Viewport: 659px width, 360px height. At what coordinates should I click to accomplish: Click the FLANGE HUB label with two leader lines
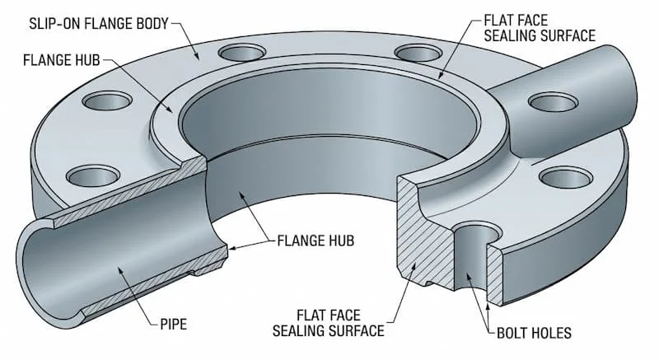pos(315,241)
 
